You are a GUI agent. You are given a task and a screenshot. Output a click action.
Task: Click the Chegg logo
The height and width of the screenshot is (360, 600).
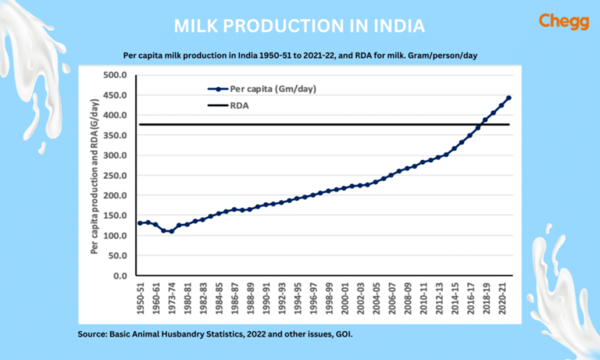[x=558, y=22]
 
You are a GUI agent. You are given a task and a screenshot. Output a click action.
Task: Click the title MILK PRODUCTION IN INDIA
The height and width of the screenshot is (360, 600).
[x=299, y=26]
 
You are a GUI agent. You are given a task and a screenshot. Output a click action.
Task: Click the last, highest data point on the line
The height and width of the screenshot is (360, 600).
[x=509, y=98]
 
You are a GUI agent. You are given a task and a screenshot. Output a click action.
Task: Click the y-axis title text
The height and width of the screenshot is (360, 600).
[x=95, y=176]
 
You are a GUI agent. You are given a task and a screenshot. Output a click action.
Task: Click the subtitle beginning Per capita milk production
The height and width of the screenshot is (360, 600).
[x=299, y=55]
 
